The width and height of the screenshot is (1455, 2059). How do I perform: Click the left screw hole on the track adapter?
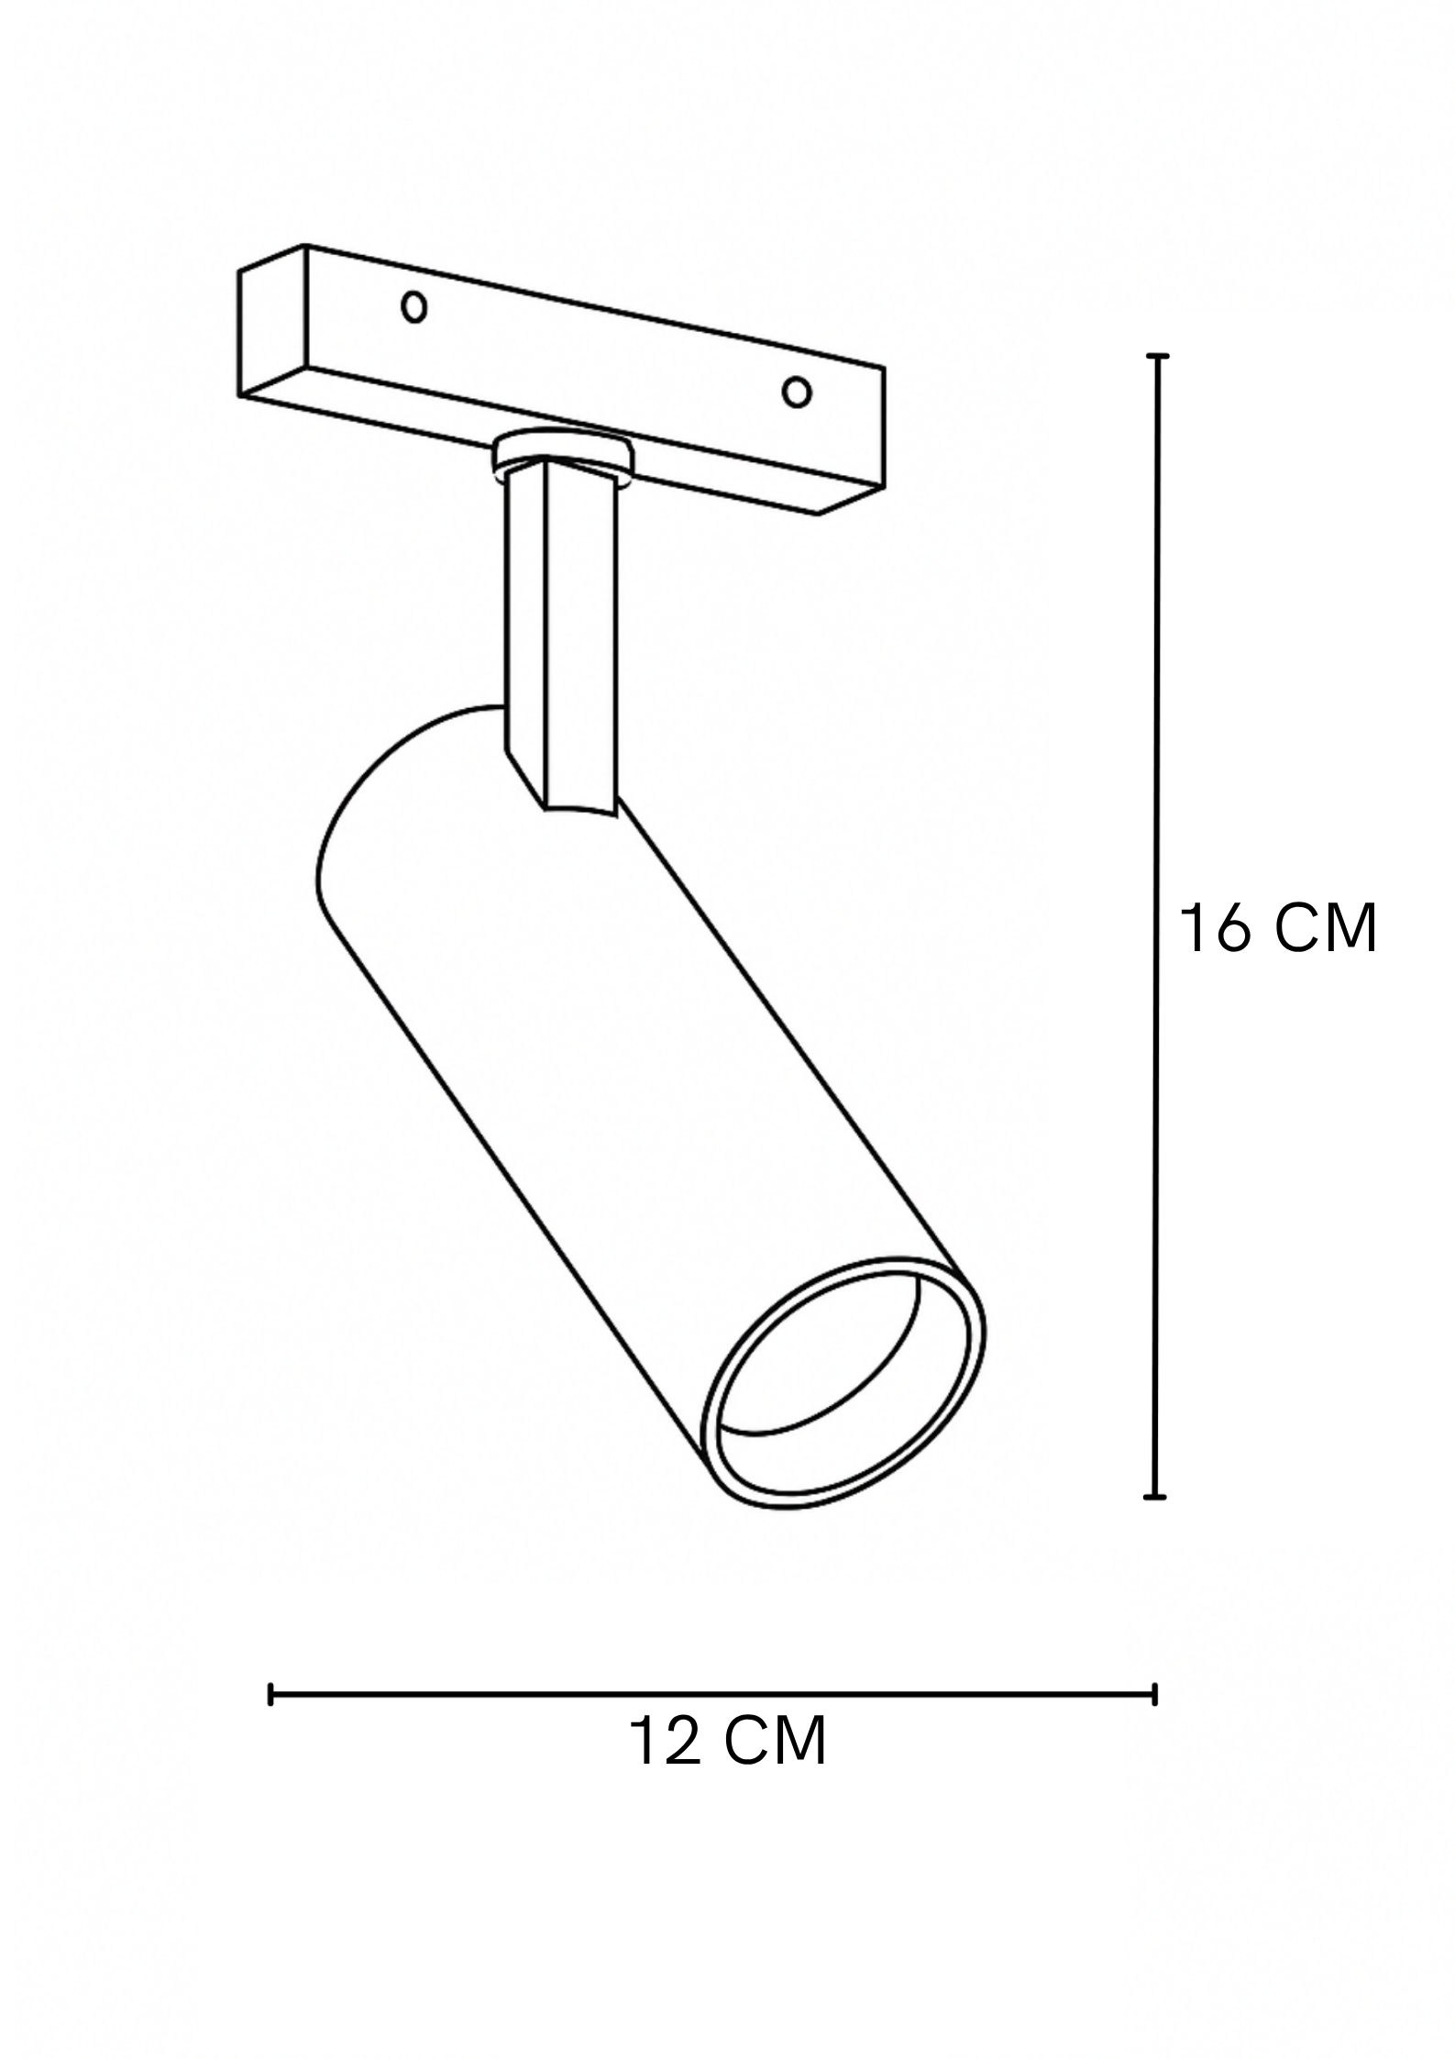coord(414,308)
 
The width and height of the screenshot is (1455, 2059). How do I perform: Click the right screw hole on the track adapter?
coord(796,393)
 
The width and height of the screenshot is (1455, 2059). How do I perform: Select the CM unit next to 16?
coord(1326,928)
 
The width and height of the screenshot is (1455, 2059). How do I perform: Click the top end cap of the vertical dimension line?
coord(1159,356)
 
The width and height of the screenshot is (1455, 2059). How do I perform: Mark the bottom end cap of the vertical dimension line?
coord(1155,1497)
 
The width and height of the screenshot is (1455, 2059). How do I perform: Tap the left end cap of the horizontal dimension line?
coord(271,1694)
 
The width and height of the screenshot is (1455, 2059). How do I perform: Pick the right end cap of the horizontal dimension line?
coord(1154,1694)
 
